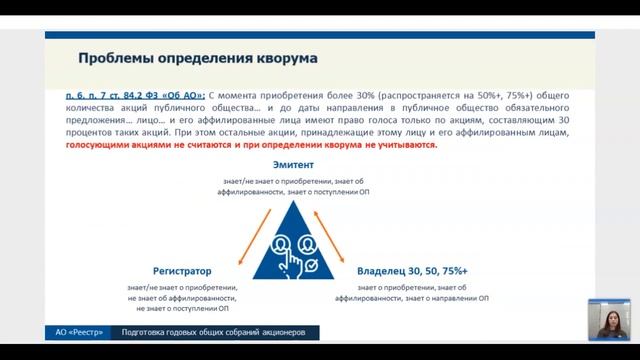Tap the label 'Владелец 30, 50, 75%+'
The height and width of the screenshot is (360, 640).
(x=410, y=271)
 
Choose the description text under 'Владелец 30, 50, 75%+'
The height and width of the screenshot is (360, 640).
(x=411, y=297)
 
